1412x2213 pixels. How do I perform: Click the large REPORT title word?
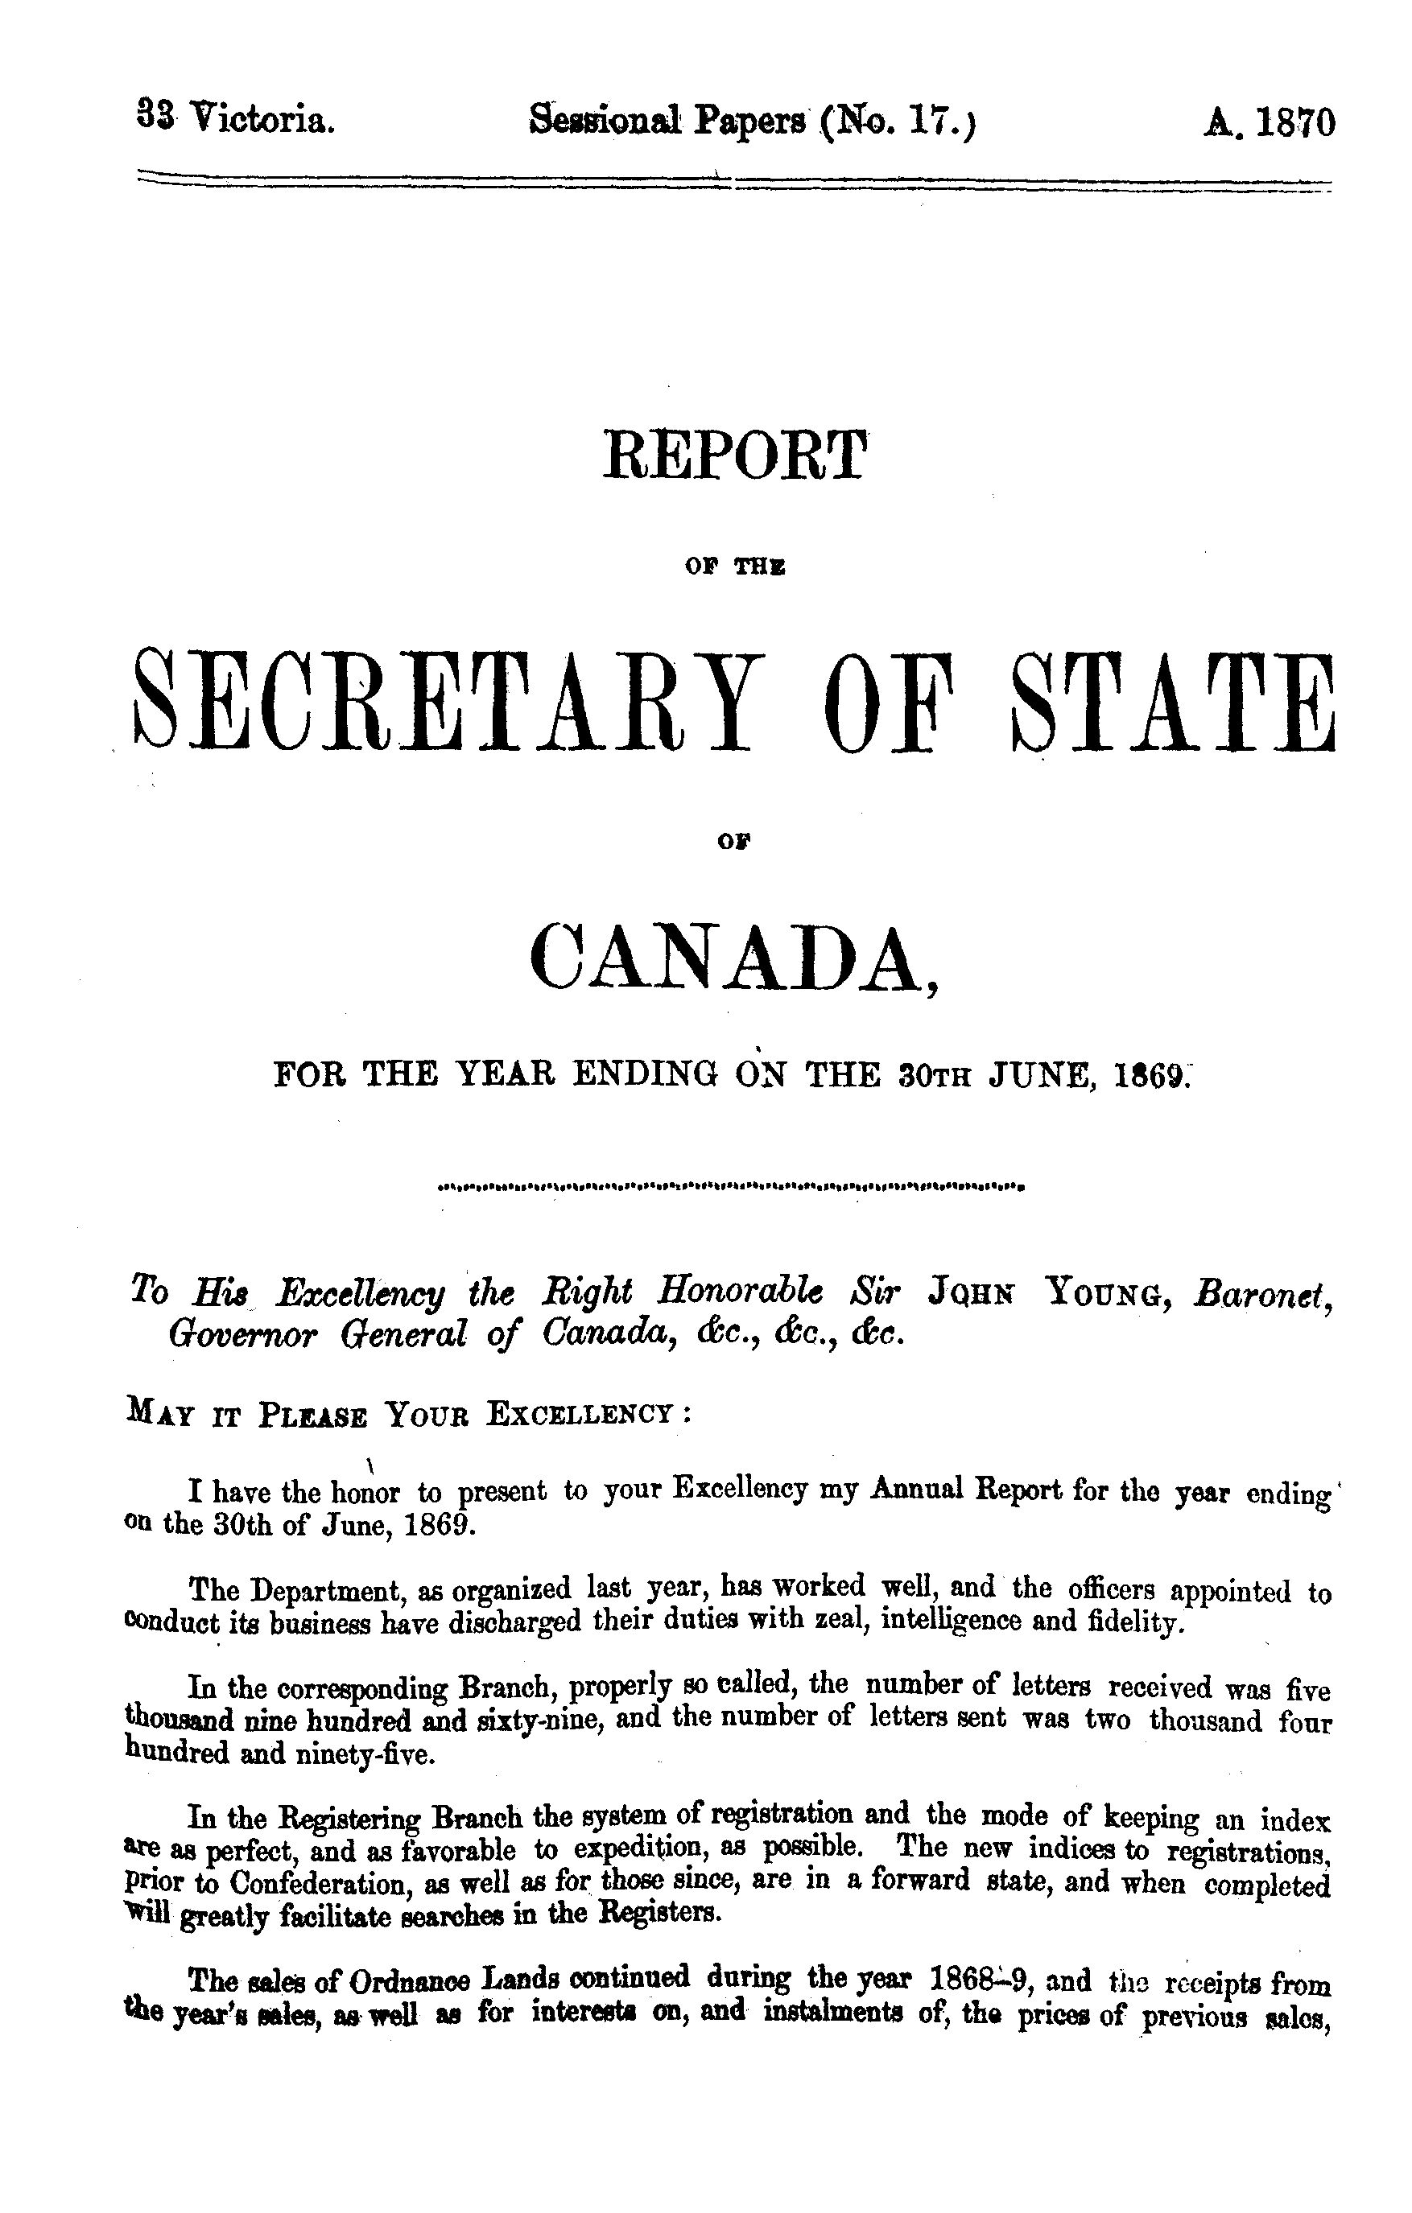click(x=733, y=455)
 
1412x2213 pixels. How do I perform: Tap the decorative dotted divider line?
click(x=733, y=1186)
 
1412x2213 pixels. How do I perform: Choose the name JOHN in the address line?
click(x=974, y=1293)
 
